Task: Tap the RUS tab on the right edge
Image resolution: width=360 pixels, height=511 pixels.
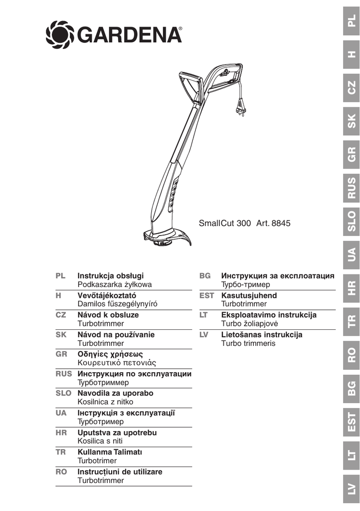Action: [352, 188]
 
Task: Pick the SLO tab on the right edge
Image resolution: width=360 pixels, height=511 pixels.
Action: [352, 222]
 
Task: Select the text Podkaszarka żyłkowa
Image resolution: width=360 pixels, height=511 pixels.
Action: [115, 284]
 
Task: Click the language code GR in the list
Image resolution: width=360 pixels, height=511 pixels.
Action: [61, 354]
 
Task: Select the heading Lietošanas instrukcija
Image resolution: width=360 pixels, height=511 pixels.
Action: [262, 335]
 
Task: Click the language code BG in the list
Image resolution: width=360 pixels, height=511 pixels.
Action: [204, 275]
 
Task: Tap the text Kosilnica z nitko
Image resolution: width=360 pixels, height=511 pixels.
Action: [106, 402]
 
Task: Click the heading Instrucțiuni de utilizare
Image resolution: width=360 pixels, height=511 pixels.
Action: [120, 472]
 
